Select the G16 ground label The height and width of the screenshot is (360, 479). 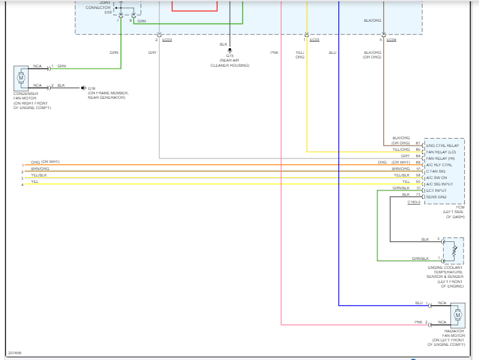(91, 88)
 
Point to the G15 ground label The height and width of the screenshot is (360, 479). (230, 56)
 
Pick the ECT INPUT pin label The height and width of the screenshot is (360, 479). (436, 191)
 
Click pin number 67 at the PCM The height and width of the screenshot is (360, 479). (418, 143)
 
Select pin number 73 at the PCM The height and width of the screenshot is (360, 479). (418, 194)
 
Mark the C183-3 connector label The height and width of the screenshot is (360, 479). (414, 203)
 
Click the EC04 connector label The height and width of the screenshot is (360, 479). (392, 40)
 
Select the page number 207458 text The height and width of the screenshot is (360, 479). (14, 353)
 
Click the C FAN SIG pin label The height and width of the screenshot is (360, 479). (437, 171)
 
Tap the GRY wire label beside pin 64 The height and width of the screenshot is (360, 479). (405, 155)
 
